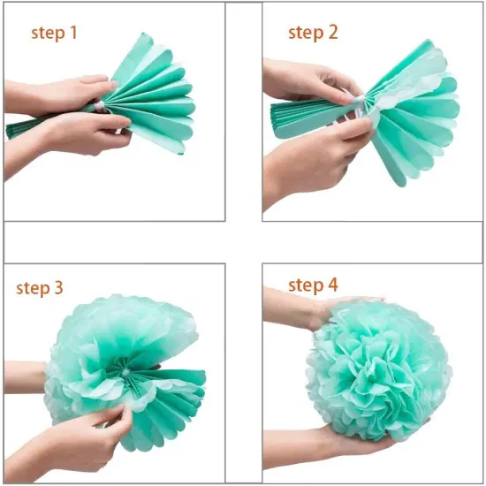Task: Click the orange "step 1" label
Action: (55, 33)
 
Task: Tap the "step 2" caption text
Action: (313, 33)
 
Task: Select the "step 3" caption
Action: (40, 288)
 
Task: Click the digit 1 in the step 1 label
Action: (73, 33)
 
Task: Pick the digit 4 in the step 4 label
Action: (332, 285)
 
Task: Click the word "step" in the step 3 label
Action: (32, 289)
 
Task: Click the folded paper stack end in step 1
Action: (35, 127)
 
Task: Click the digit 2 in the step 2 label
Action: (332, 33)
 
